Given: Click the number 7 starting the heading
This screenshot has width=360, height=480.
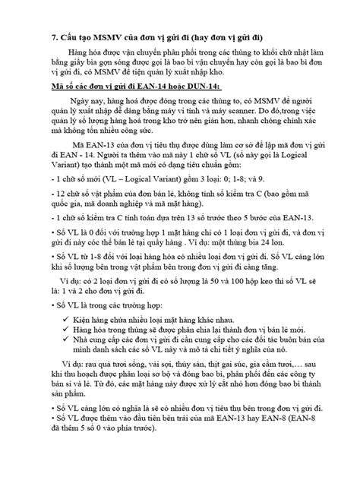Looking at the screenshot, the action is point(54,36).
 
